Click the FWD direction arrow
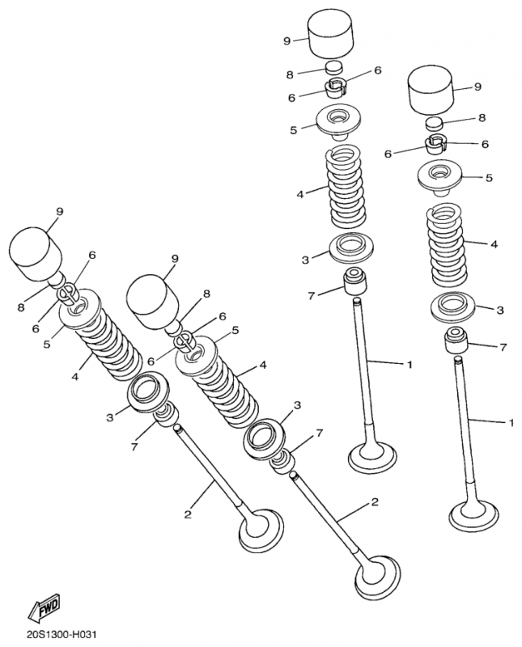tap(44, 607)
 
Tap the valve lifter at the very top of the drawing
tap(331, 36)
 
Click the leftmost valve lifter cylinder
tap(36, 254)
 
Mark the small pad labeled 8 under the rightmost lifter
tap(434, 123)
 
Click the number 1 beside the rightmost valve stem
tap(511, 423)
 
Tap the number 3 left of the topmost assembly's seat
tap(305, 260)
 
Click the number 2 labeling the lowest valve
tap(375, 502)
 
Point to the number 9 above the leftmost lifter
tap(59, 211)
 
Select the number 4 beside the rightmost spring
tap(494, 244)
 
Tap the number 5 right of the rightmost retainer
tap(489, 178)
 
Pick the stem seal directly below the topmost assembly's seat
tap(354, 281)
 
